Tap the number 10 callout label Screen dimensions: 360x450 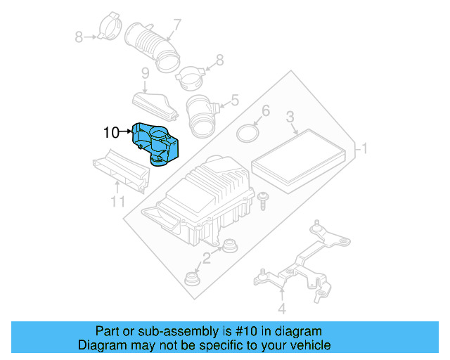[111, 131]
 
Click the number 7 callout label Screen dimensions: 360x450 [176, 25]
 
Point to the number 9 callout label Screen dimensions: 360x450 [145, 73]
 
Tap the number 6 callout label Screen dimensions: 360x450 [265, 111]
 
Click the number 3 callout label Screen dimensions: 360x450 [289, 117]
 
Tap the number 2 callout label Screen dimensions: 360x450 [206, 258]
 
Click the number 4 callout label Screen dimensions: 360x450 [281, 308]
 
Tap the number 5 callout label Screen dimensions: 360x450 [235, 101]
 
